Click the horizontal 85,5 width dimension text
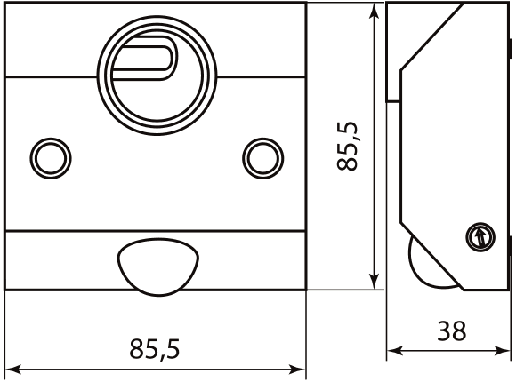tap(155, 349)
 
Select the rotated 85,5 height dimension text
tap(349, 146)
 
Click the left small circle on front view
tap(47, 157)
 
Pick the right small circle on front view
tap(262, 157)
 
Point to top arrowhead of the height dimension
tap(375, 9)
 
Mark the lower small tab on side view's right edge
tap(512, 244)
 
